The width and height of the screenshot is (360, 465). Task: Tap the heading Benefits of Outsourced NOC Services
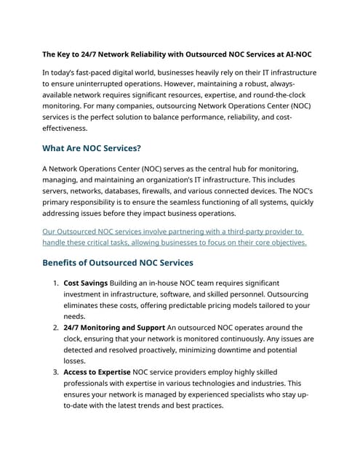(118, 262)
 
